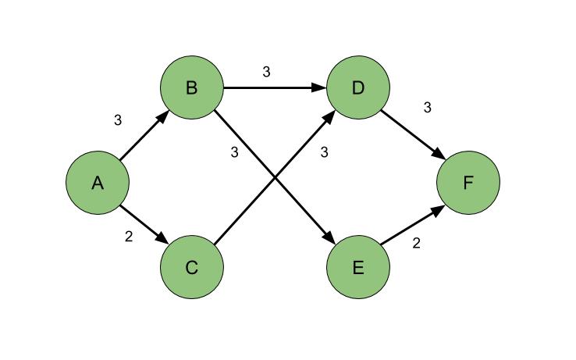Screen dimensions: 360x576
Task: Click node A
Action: coord(98,183)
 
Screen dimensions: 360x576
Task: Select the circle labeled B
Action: coord(192,88)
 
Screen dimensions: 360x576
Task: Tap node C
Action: coord(192,268)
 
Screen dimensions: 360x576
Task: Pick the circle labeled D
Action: coord(358,88)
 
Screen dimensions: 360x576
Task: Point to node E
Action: coord(358,268)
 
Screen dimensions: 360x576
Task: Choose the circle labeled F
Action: coord(468,183)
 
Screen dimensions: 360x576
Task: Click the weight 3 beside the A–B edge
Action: coord(118,120)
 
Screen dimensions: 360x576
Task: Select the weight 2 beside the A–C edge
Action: coord(129,237)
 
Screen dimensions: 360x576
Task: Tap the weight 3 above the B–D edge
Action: coord(266,72)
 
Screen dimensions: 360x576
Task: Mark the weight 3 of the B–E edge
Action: coord(234,152)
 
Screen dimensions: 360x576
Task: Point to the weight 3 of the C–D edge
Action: coord(324,152)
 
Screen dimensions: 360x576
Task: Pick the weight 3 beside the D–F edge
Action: coord(427,108)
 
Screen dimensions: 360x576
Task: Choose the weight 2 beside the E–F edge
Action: coord(416,243)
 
